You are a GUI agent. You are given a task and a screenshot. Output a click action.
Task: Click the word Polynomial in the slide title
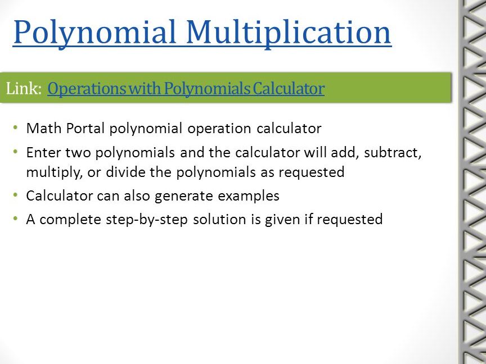click(x=94, y=32)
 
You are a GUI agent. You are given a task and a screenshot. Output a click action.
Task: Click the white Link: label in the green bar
click(x=24, y=89)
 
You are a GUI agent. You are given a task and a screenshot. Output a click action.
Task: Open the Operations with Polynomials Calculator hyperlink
click(x=186, y=89)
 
